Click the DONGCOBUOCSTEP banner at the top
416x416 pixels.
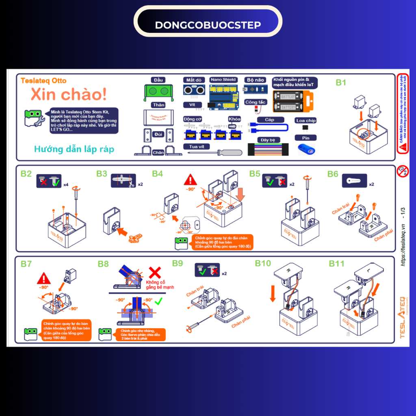208,25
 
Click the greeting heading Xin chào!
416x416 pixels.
69,94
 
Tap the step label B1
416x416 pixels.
341,82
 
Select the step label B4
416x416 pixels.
158,174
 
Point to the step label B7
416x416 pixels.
26,264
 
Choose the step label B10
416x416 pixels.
263,263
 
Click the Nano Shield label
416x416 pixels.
223,80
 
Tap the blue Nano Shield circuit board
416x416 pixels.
223,97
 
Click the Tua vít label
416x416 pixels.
197,146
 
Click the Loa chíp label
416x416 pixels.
306,121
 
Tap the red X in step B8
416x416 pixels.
156,273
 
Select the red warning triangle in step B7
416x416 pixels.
43,279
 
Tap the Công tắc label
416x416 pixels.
256,102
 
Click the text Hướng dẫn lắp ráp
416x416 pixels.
74,149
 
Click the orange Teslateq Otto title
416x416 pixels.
43,81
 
